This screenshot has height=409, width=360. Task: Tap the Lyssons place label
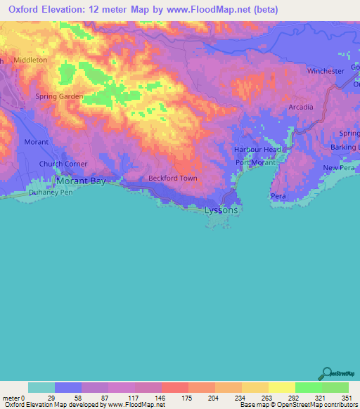(221, 210)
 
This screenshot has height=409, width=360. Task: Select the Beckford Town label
(172, 178)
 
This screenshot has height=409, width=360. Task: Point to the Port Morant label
(255, 164)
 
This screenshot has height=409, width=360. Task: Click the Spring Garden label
(60, 96)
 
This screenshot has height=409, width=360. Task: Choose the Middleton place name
(30, 60)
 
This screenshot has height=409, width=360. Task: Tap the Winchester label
(325, 72)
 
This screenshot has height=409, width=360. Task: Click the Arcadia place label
(300, 107)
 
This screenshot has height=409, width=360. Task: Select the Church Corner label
(63, 164)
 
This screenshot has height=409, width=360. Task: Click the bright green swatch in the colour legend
(308, 387)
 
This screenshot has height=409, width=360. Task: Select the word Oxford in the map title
(22, 10)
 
